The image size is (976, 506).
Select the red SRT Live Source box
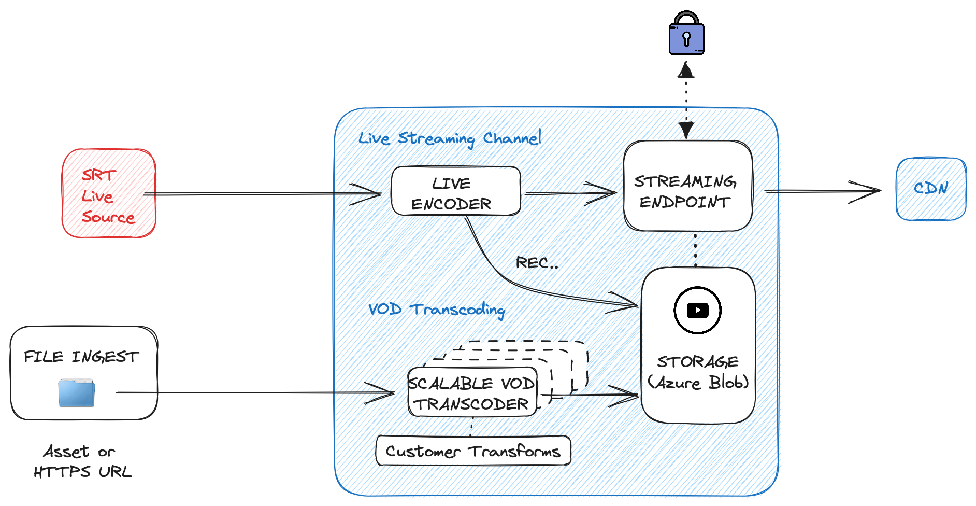tap(109, 193)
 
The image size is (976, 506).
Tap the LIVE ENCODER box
tap(456, 191)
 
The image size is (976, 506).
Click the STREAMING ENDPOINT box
tap(687, 186)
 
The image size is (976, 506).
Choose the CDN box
tap(931, 189)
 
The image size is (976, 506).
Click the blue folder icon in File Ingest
tap(77, 392)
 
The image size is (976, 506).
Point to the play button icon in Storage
tap(697, 310)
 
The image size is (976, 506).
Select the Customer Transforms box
tap(473, 451)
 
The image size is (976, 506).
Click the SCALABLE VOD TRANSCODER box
tap(472, 392)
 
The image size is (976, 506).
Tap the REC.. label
tap(537, 263)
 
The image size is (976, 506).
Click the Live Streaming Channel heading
tap(450, 138)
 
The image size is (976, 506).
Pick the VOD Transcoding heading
tap(436, 310)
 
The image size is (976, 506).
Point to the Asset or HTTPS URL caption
tap(82, 461)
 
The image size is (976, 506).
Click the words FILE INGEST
tap(81, 357)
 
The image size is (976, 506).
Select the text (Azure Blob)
tap(698, 383)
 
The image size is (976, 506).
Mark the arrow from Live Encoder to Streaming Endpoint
tap(570, 193)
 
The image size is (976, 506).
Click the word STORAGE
tap(698, 361)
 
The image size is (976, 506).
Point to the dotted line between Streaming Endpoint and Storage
tap(695, 249)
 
